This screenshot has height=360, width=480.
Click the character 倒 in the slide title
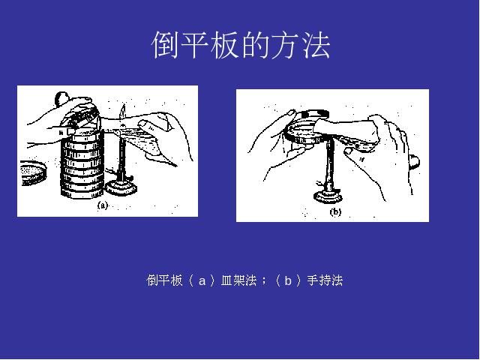(166, 45)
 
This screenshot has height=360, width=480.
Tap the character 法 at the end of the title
(316, 45)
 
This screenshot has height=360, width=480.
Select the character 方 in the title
(286, 45)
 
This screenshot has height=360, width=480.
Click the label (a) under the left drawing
(103, 205)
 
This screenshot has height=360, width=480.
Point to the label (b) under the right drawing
(335, 211)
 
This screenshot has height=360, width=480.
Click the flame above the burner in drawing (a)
(122, 114)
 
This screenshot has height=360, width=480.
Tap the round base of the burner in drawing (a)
(121, 187)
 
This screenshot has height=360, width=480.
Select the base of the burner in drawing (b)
(328, 196)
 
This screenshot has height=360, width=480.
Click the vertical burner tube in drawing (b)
(329, 165)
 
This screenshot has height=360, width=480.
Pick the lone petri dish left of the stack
(34, 173)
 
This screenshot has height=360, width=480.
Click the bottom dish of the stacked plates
(82, 193)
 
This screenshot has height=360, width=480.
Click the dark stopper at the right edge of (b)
(414, 161)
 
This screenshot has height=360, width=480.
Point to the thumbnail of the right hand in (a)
(142, 124)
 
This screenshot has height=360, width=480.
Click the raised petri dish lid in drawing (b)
(316, 114)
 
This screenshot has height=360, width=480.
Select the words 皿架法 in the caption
(238, 280)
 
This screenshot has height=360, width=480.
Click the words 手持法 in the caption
(325, 280)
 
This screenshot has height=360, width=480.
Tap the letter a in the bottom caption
(202, 281)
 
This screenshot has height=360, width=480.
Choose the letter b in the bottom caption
(287, 280)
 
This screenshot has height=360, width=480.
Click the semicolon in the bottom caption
(264, 282)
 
